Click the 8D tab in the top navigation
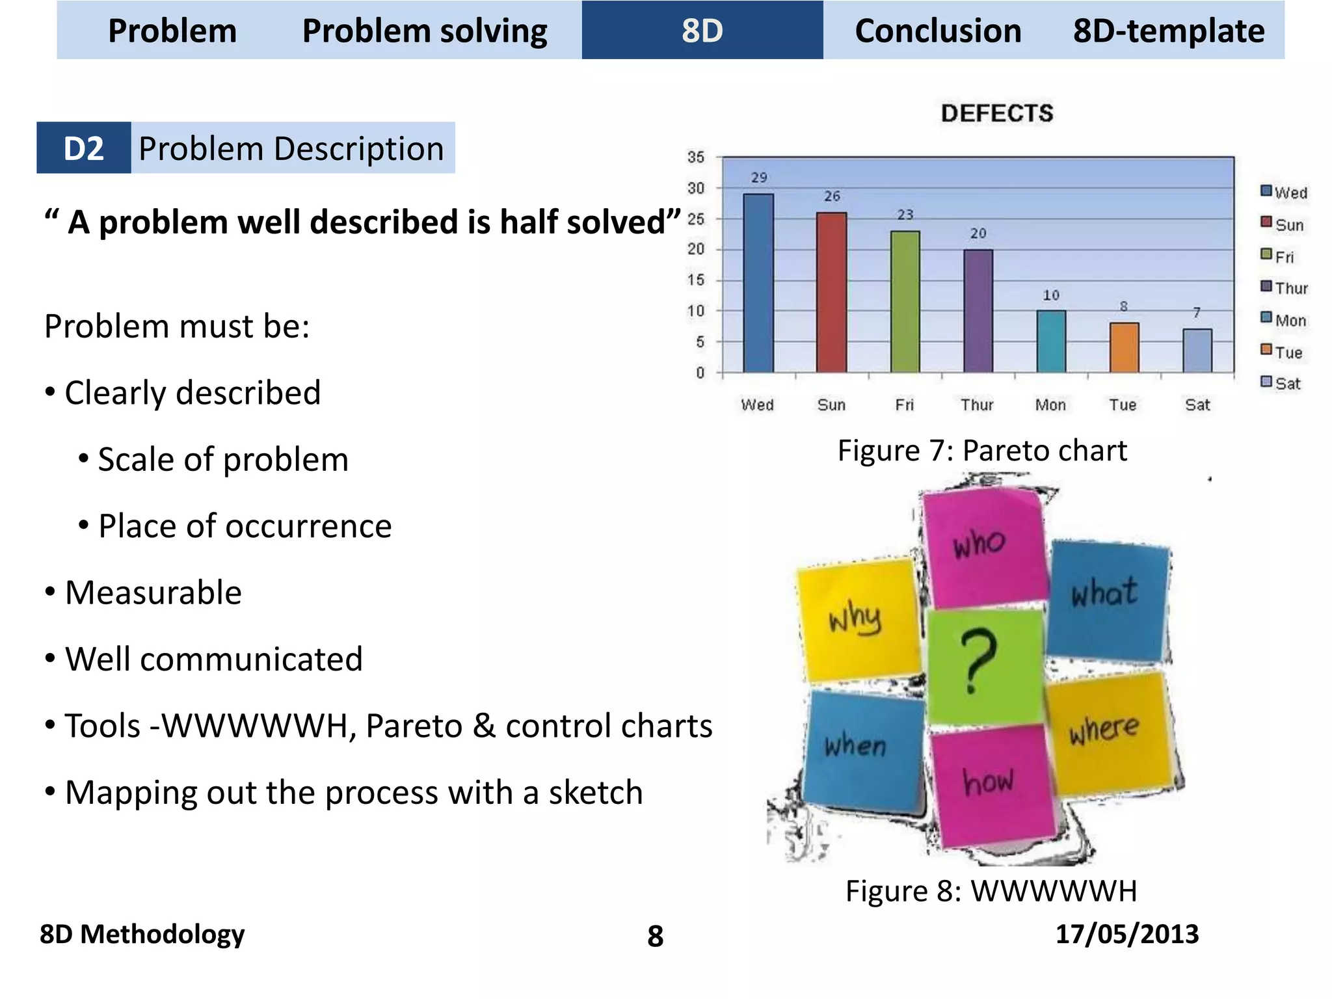(x=702, y=31)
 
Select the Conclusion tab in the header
(x=937, y=31)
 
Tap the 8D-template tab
(x=1168, y=31)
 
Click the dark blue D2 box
(x=83, y=148)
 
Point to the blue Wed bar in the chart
(x=758, y=283)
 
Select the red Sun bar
(x=831, y=292)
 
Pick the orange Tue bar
(x=1124, y=347)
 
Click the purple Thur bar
(x=978, y=311)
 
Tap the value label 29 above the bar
(x=759, y=178)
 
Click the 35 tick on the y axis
(x=696, y=157)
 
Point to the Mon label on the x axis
(x=1050, y=405)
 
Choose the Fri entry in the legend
(x=1279, y=256)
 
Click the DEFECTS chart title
(x=996, y=113)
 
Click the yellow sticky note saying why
(x=857, y=618)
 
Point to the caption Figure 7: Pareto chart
(x=982, y=450)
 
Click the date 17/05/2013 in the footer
(x=1126, y=934)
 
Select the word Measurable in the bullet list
(x=153, y=593)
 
